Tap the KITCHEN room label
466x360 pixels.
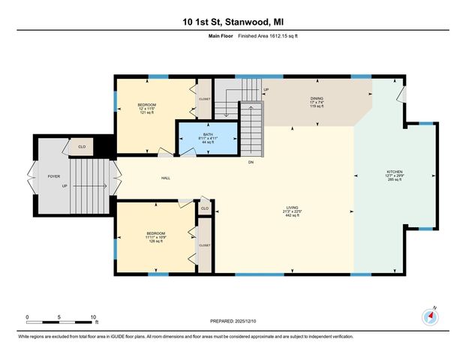click(395, 175)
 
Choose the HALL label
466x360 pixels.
click(164, 178)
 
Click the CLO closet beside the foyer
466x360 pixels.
click(82, 147)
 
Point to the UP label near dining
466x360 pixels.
click(266, 90)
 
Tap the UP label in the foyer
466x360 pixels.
click(65, 187)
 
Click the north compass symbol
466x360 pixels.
click(430, 316)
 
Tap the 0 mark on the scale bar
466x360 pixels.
click(27, 316)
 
